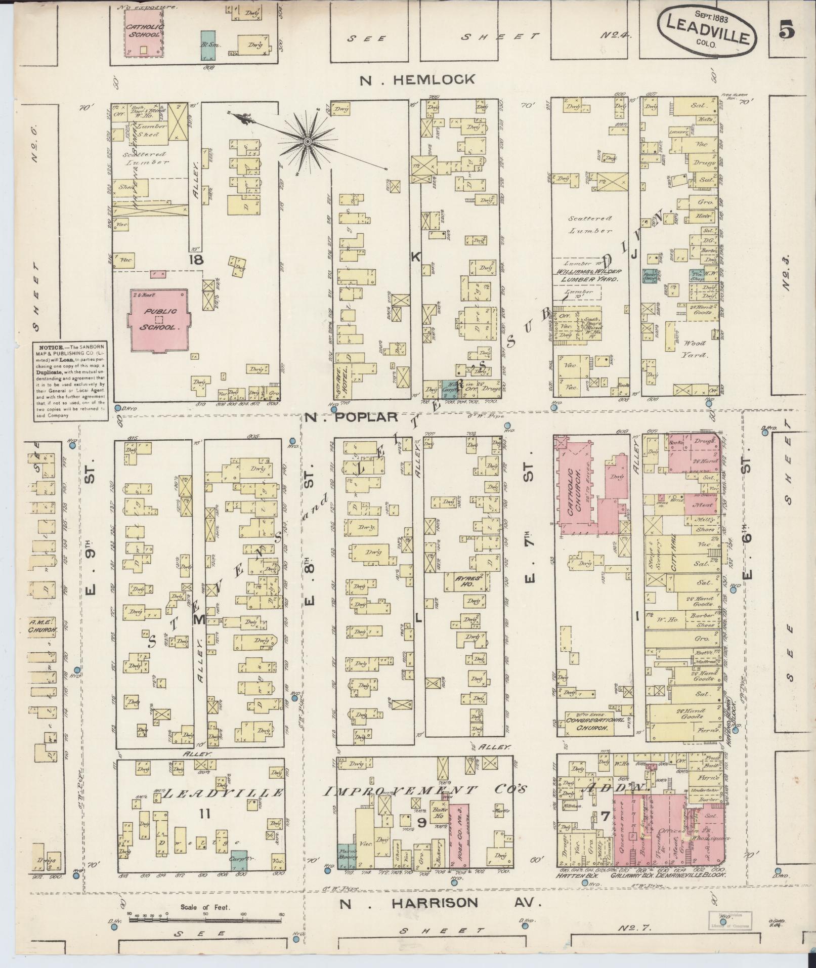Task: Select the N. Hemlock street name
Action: (x=417, y=79)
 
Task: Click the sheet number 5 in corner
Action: (x=787, y=31)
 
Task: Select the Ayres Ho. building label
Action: (x=466, y=581)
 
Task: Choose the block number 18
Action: (x=196, y=260)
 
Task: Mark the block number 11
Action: (x=204, y=814)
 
